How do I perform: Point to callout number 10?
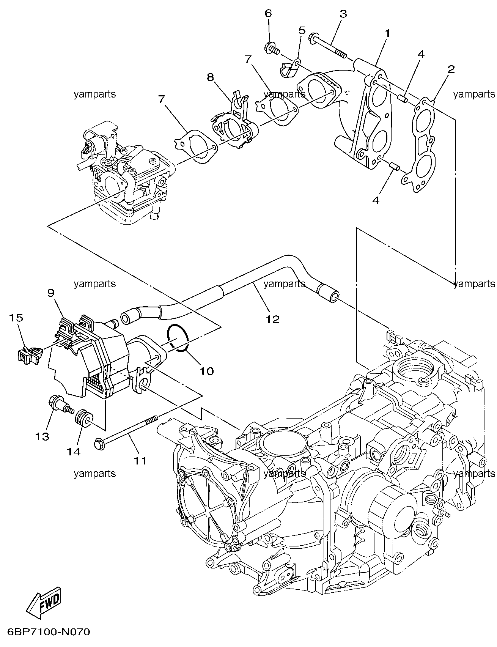[207, 370]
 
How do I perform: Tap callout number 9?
[51, 293]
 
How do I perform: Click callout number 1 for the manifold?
[387, 33]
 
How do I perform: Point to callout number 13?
[42, 436]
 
